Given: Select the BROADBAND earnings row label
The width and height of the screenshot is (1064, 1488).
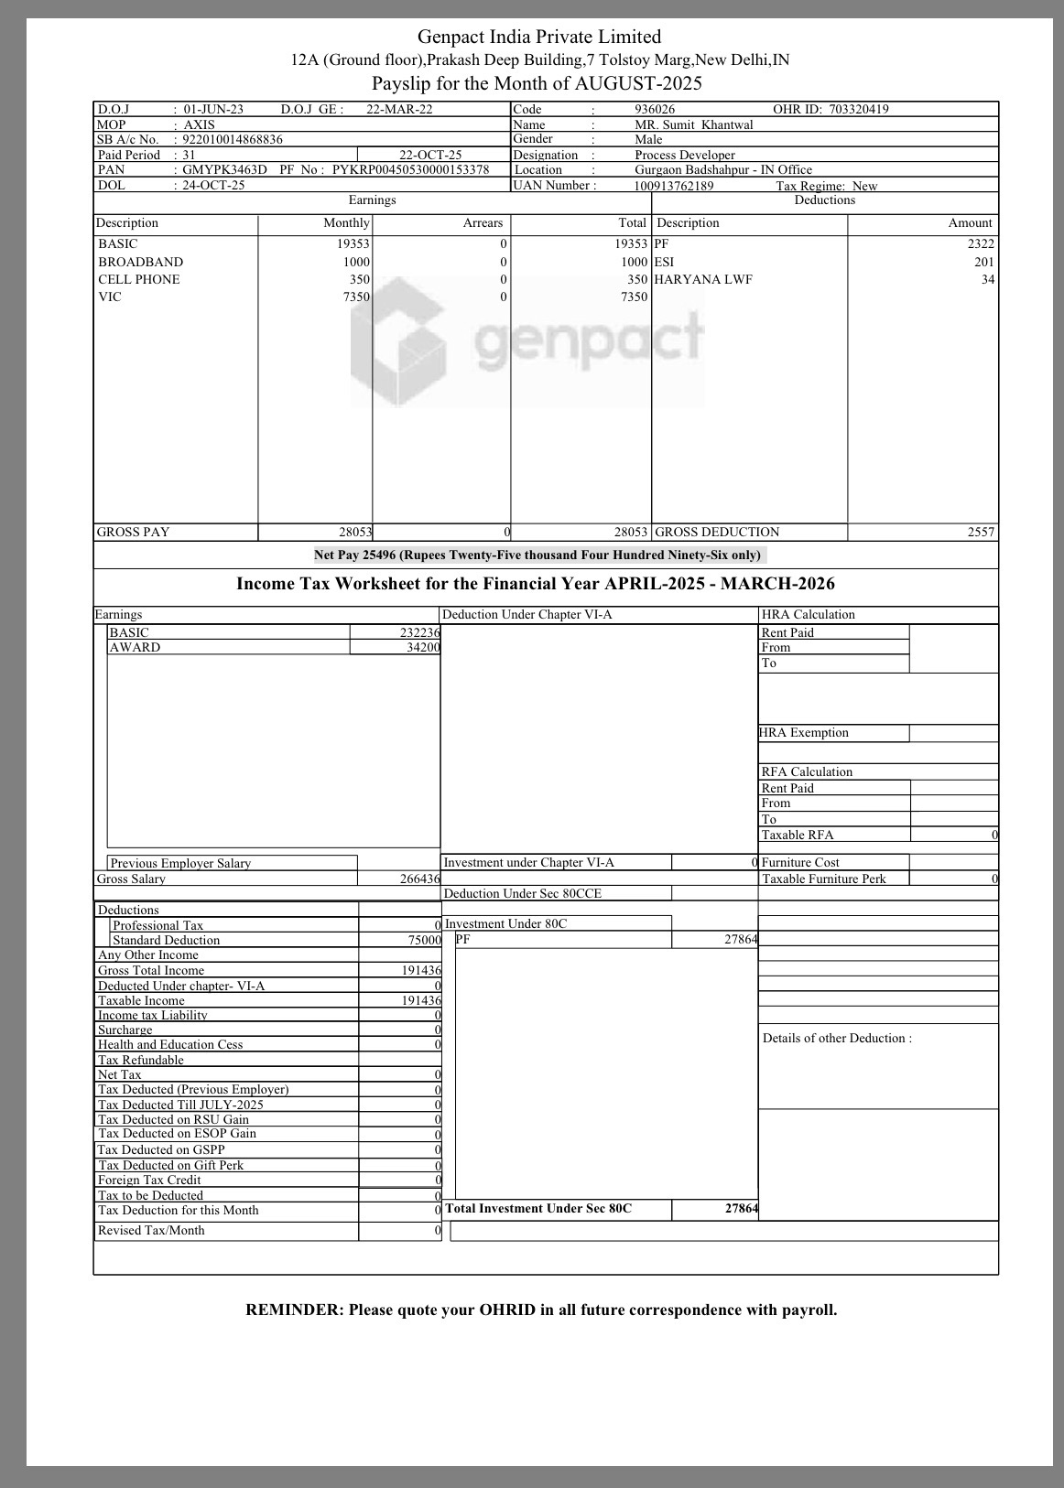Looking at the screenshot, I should [x=140, y=262].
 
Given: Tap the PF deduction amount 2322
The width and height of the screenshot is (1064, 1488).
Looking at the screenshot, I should [x=980, y=243].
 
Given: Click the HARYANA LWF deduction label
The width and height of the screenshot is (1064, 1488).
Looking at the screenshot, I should [x=703, y=279].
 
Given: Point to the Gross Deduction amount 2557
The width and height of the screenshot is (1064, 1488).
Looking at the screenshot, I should [x=980, y=532].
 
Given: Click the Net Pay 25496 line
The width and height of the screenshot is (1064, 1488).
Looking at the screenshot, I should [x=537, y=555].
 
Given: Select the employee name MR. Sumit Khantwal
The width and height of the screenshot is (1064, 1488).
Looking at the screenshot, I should [x=693, y=124].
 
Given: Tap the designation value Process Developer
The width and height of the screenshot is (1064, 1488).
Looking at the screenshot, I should [x=684, y=155].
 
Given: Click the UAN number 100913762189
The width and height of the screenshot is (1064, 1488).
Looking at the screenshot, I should [x=673, y=186].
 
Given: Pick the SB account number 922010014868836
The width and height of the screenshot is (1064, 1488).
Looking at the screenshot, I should [x=233, y=139].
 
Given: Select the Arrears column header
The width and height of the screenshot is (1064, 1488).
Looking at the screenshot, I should [x=483, y=222].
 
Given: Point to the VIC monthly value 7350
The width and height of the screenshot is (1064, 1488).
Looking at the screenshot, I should [x=356, y=297].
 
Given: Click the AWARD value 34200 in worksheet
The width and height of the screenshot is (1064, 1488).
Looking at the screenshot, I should [x=422, y=647].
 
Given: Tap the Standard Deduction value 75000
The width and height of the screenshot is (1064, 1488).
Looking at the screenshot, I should [x=424, y=940].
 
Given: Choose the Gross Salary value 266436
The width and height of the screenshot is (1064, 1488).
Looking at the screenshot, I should [x=419, y=879].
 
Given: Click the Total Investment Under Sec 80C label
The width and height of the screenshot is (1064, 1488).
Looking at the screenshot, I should [x=538, y=1208].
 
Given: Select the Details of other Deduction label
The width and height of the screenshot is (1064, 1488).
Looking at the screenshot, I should [x=836, y=1038].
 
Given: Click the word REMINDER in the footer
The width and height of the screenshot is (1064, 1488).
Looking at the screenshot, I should [x=293, y=1310].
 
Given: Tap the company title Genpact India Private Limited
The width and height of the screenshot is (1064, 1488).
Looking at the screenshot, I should [x=538, y=37].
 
